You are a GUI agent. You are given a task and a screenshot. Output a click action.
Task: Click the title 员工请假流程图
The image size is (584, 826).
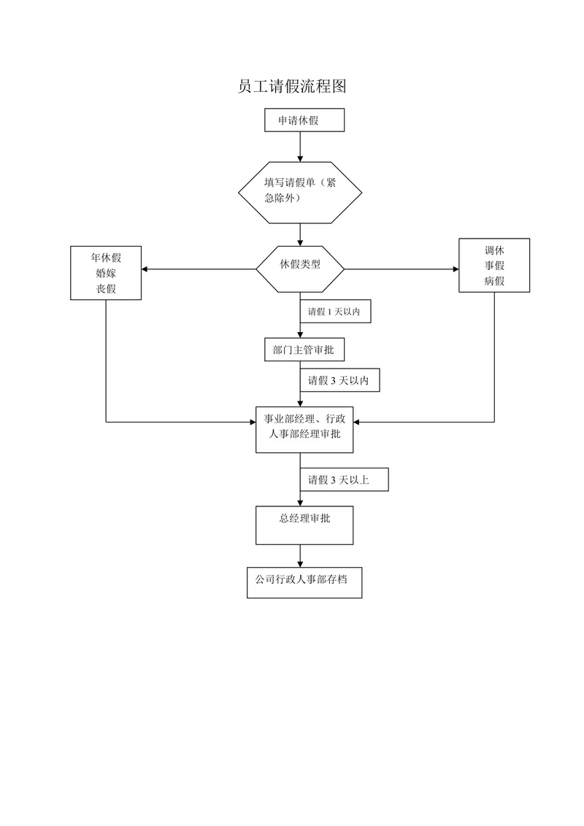click(292, 86)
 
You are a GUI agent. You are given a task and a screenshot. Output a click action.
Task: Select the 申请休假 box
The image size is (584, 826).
click(304, 120)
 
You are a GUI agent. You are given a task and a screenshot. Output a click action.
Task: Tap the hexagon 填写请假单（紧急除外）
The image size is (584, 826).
click(300, 193)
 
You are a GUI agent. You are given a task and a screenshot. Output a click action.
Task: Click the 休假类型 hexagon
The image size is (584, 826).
click(300, 269)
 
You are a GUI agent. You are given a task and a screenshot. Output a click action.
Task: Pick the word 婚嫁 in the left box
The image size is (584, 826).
click(106, 273)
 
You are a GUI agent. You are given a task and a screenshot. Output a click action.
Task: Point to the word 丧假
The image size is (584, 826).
click(106, 289)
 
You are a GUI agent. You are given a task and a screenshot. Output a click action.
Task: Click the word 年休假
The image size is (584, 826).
click(106, 258)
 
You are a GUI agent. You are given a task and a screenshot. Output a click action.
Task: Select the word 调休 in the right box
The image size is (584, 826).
click(494, 250)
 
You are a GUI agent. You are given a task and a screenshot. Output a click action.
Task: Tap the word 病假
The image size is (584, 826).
click(494, 281)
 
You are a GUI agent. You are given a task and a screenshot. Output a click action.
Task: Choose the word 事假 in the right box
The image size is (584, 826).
click(494, 266)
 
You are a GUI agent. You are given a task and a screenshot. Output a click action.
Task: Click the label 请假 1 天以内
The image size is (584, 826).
click(334, 312)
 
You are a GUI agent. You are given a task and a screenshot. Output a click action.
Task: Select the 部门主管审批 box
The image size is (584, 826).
click(304, 350)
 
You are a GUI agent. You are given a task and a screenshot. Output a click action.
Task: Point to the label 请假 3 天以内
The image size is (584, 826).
click(339, 380)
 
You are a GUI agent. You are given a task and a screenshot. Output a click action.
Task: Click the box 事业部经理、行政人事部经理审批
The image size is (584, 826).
click(304, 430)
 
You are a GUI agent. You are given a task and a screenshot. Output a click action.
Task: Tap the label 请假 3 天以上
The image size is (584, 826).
click(339, 480)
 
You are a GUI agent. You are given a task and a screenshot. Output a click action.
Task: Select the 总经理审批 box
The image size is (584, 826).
click(304, 525)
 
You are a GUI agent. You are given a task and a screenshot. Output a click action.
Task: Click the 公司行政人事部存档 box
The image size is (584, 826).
click(304, 582)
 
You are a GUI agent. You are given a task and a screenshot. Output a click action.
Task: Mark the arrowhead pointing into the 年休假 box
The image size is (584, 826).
click(145, 269)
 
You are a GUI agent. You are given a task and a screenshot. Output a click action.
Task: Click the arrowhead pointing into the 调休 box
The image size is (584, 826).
click(456, 269)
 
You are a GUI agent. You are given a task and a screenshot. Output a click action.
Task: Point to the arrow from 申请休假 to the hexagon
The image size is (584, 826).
click(301, 147)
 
